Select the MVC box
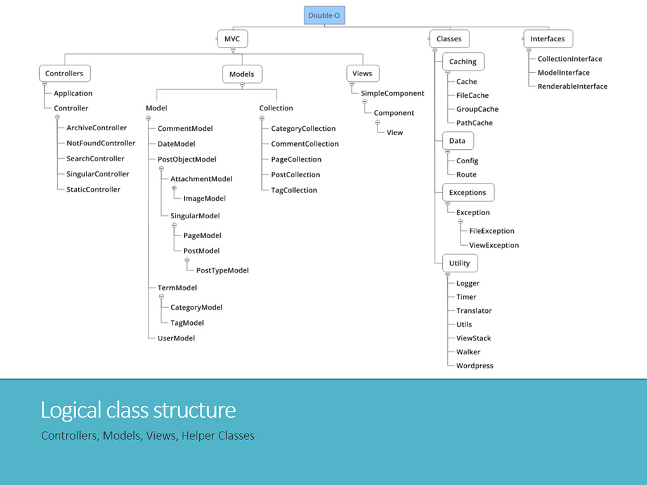point(232,39)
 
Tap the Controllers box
point(64,74)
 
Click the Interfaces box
point(547,39)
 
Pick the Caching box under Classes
point(462,62)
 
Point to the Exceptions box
point(467,192)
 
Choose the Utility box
point(459,263)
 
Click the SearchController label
point(95,159)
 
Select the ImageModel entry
point(204,199)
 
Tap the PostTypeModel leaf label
point(222,270)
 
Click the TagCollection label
point(294,190)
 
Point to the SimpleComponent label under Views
point(393,93)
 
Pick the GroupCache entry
point(477,109)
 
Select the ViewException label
point(493,245)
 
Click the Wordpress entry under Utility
point(474,366)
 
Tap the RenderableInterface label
point(572,86)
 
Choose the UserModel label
point(176,338)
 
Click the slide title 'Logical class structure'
point(138,410)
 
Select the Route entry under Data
point(466,175)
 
